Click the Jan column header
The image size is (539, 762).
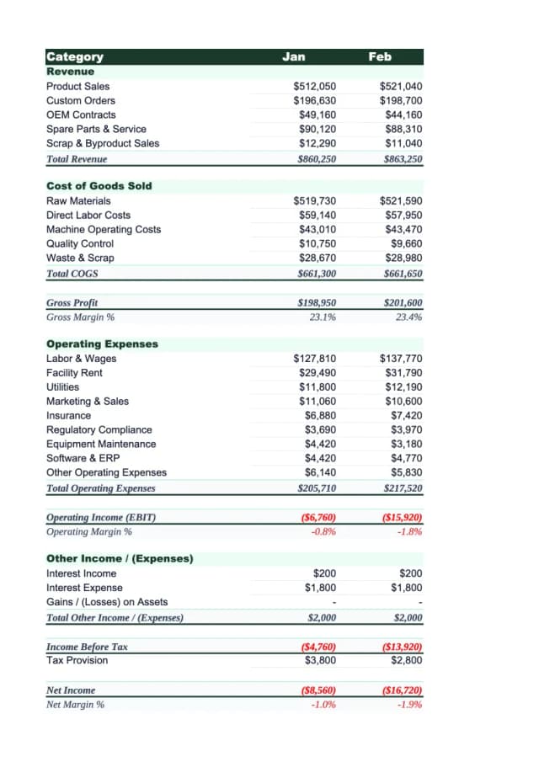pyautogui.click(x=294, y=56)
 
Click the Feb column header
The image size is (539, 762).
pyautogui.click(x=380, y=56)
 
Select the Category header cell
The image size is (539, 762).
pyautogui.click(x=75, y=56)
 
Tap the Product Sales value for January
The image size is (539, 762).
pyautogui.click(x=314, y=87)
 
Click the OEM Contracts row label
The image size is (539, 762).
pyautogui.click(x=81, y=115)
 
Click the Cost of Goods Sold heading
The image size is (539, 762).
pyautogui.click(x=99, y=186)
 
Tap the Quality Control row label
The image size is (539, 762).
pyautogui.click(x=80, y=244)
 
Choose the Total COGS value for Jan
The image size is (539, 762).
pyautogui.click(x=317, y=273)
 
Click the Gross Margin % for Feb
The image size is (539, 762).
pyautogui.click(x=408, y=317)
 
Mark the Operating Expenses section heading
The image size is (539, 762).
pyautogui.click(x=102, y=344)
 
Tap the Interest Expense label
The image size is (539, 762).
pyautogui.click(x=84, y=588)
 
